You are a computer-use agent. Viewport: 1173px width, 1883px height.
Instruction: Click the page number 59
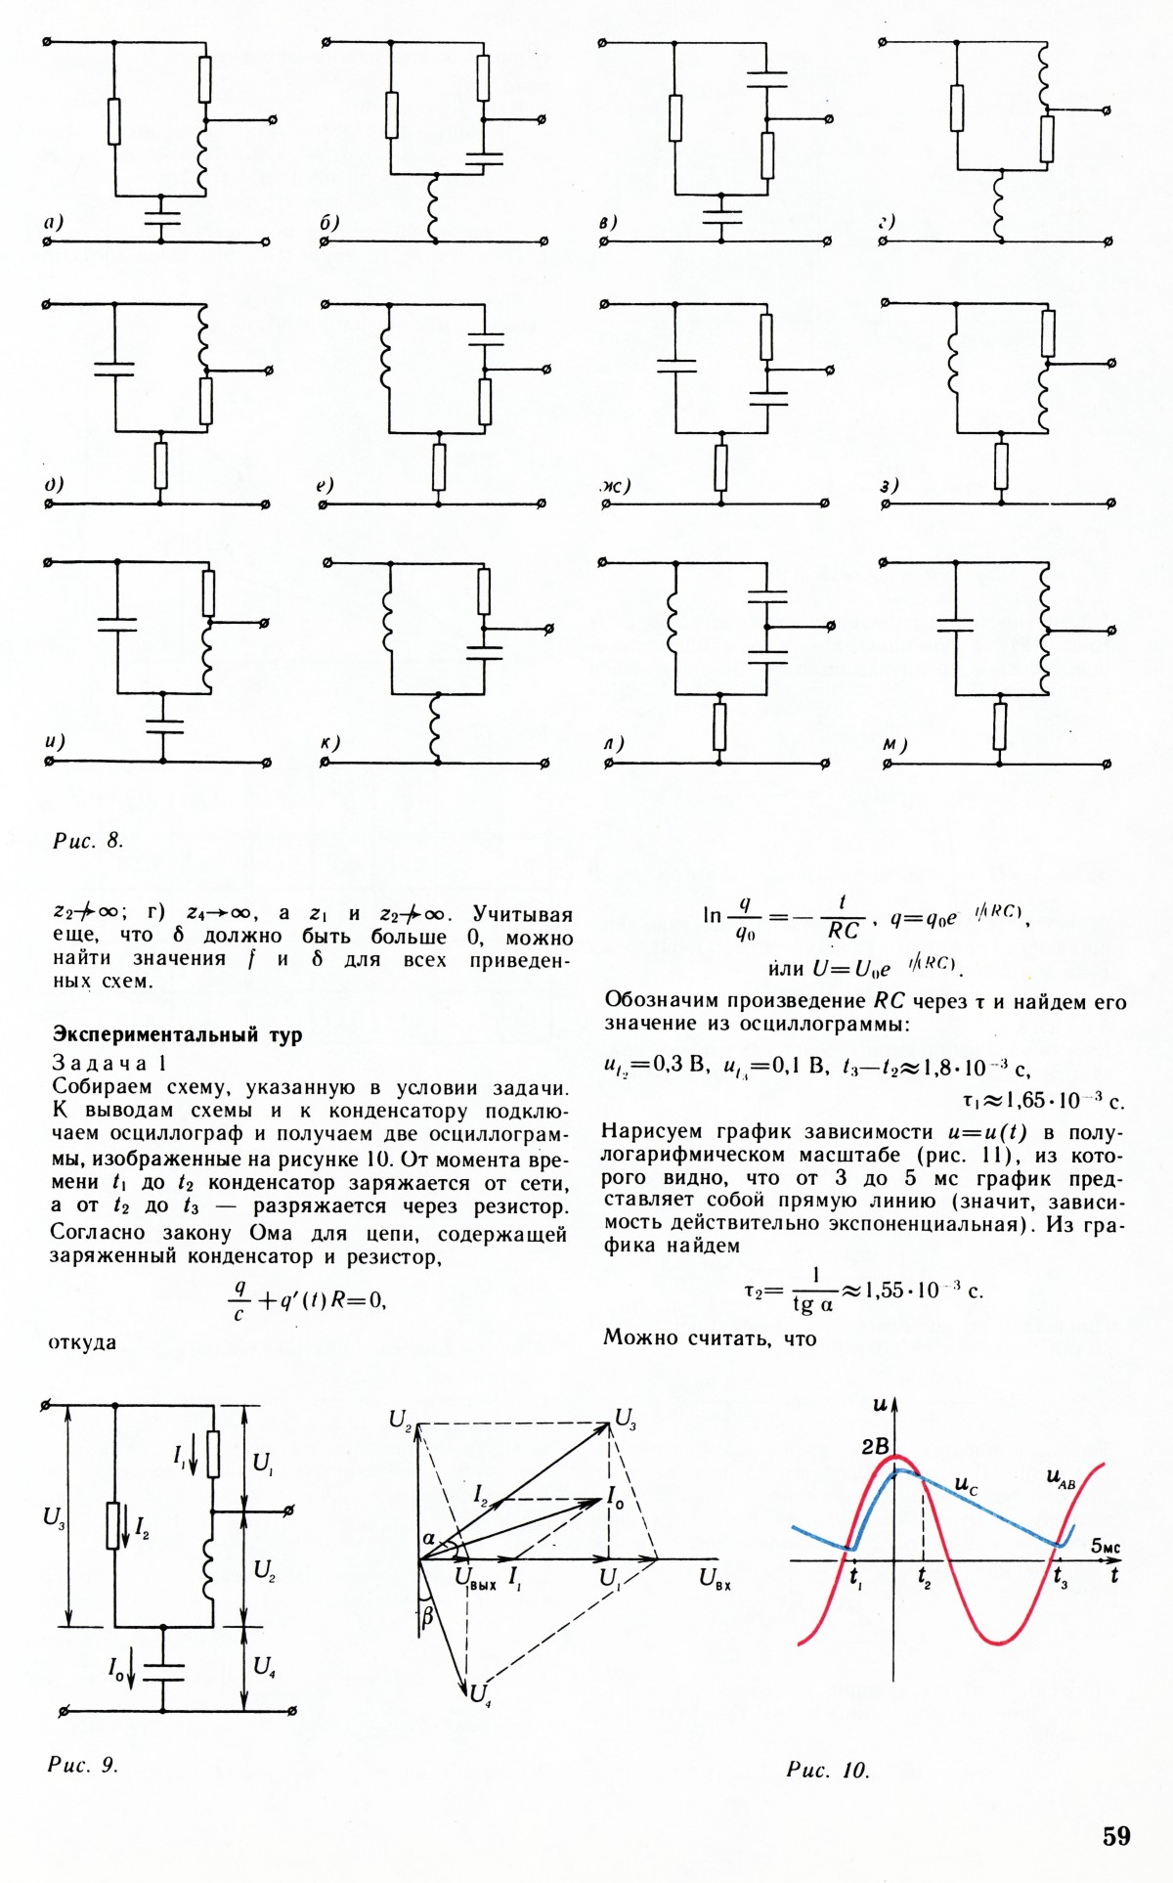(1115, 1835)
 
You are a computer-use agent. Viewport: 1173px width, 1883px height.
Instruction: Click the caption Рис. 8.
(88, 840)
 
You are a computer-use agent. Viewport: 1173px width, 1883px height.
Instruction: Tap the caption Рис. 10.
(827, 1770)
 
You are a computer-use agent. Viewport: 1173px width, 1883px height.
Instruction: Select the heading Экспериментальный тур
(177, 1034)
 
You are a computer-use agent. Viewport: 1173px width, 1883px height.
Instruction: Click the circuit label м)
(894, 745)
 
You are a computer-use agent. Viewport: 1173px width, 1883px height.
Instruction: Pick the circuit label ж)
(617, 486)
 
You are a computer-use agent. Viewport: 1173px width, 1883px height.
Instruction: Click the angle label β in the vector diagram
(426, 1617)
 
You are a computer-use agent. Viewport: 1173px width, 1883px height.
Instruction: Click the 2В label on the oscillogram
(875, 1445)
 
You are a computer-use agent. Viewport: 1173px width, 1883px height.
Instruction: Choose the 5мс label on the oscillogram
(1106, 1546)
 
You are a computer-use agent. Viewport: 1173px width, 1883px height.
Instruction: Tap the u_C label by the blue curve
(966, 1486)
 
